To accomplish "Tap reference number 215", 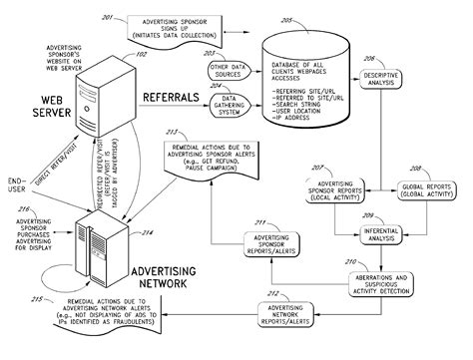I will pos(37,299).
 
